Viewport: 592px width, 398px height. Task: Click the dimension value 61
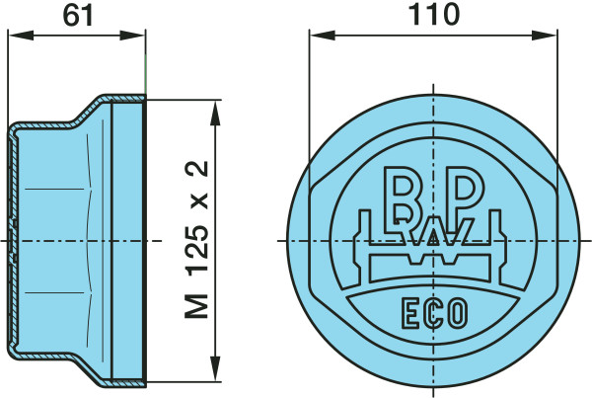78,16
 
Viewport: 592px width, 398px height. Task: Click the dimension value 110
434,15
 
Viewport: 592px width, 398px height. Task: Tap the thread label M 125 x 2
196,239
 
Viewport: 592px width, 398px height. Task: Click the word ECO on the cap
434,313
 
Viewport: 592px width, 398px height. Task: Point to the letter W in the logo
434,231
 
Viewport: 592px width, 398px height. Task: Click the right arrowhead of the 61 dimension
132,36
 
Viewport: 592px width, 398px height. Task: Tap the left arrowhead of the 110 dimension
323,36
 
